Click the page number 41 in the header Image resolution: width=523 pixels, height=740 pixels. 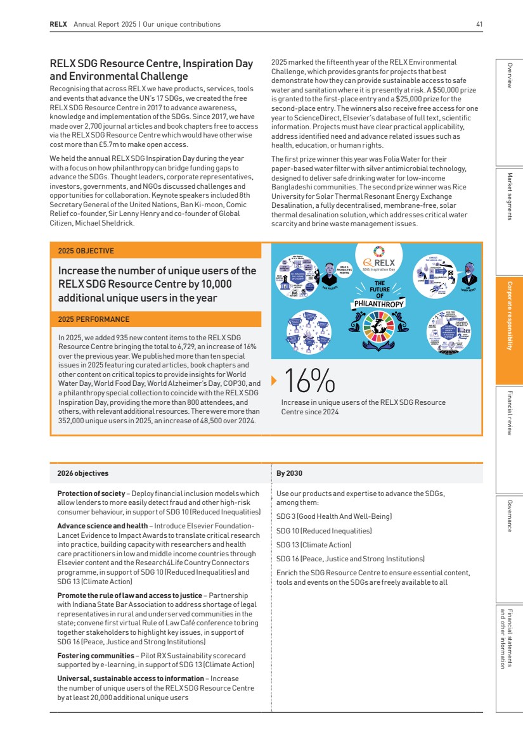(x=479, y=25)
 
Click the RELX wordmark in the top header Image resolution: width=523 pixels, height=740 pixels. (x=58, y=25)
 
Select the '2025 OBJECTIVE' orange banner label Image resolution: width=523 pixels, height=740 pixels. (x=86, y=251)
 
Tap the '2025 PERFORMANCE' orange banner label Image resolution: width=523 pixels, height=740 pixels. (x=94, y=319)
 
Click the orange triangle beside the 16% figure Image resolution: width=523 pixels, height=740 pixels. (x=274, y=381)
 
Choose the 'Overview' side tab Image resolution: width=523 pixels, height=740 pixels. (x=509, y=75)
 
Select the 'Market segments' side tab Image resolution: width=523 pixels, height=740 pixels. (x=509, y=196)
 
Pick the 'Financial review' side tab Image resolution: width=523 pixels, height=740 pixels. (x=509, y=412)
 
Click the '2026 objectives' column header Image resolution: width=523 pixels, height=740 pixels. (x=83, y=473)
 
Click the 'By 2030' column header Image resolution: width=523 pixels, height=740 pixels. (x=290, y=473)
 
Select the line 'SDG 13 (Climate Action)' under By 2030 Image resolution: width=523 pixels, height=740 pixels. (x=314, y=545)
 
